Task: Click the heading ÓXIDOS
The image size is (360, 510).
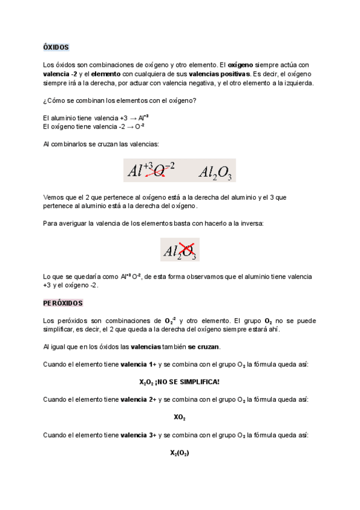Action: [56, 46]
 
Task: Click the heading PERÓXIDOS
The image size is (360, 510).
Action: [63, 303]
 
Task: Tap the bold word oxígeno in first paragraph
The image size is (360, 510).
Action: [240, 64]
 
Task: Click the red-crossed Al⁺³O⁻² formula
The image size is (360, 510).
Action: [150, 171]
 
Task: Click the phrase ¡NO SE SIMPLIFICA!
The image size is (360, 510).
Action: [188, 382]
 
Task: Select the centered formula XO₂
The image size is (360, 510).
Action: [180, 416]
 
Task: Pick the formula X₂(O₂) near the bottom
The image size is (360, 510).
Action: [180, 453]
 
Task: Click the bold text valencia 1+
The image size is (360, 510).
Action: [138, 364]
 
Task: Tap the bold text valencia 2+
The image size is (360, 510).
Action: [138, 399]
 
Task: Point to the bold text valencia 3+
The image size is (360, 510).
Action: [138, 434]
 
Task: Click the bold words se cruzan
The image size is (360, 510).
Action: [204, 347]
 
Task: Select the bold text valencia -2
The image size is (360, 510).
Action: [61, 73]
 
